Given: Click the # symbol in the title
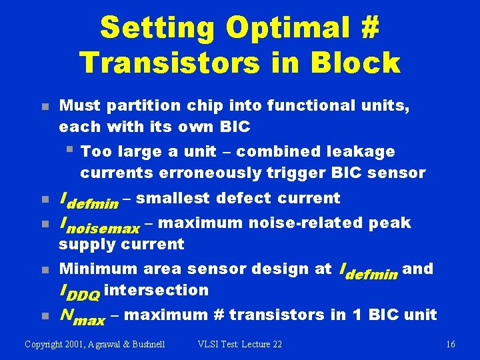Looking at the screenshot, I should click(369, 29).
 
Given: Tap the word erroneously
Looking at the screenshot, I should click(215, 173).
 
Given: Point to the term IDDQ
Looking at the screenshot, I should click(80, 291).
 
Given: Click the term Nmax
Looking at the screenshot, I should click(82, 316).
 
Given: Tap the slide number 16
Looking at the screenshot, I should click(451, 344).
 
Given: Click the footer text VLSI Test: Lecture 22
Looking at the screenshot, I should click(240, 344).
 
